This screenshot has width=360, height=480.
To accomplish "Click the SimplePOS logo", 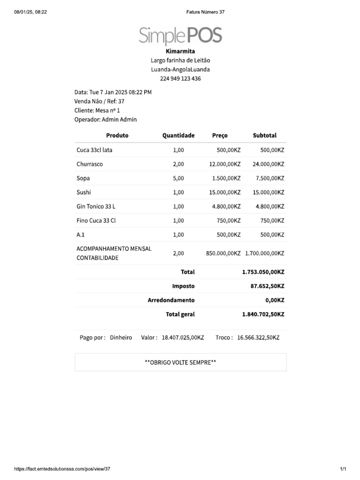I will pos(180,35).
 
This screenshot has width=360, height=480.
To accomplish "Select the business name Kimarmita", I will pos(180,51).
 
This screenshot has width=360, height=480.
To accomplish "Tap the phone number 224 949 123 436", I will pos(180,79).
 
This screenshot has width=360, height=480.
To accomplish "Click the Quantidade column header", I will pos(178,135).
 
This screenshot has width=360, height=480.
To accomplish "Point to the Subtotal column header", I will pos(264,135).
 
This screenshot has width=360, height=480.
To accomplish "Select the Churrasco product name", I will pos(90,164).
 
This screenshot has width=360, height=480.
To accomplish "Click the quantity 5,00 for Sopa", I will pos(178,178).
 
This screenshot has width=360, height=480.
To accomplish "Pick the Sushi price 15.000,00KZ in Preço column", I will pos(225,192).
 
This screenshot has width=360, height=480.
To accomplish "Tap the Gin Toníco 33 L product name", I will pos(96,206).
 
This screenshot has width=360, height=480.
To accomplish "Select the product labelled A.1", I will pos(81,234).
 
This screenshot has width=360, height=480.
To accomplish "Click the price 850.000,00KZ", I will pos(223,253).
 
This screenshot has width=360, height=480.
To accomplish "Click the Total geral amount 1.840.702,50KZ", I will pos(263,315).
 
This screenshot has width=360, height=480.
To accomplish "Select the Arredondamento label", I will pos(171,300).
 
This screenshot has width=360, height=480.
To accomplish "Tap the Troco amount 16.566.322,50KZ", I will pos(258,337).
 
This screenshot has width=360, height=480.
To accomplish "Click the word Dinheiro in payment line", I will pos(121,337).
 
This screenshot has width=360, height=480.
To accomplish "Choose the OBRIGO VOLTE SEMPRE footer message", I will pos(180,362).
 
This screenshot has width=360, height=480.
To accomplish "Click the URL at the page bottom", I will pos(62,469).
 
